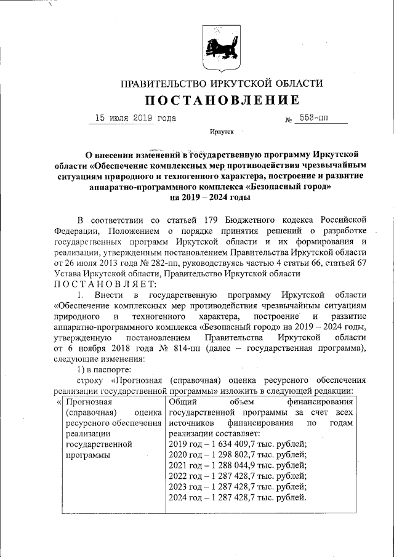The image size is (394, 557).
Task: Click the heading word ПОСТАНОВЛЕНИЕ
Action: click(x=222, y=100)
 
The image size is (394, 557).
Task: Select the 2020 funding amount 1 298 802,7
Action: click(x=229, y=456)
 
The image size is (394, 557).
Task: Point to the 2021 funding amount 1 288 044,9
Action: click(x=229, y=467)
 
